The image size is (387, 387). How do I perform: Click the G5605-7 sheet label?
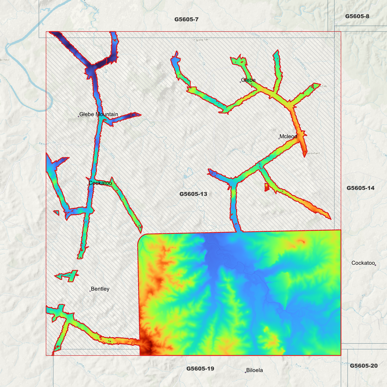pyautogui.click(x=186, y=19)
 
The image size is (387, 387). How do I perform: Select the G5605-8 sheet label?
pyautogui.click(x=357, y=16)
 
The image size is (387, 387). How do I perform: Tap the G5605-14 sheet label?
pyautogui.click(x=360, y=188)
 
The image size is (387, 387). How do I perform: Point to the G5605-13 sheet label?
pyautogui.click(x=193, y=194)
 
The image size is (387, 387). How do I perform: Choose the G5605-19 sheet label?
pyautogui.click(x=200, y=369)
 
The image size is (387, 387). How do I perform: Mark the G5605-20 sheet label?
pyautogui.click(x=364, y=366)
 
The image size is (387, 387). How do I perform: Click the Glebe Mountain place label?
pyautogui.click(x=99, y=114)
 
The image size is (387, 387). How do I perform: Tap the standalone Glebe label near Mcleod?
pyautogui.click(x=248, y=80)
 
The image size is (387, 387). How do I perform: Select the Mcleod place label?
pyautogui.click(x=288, y=136)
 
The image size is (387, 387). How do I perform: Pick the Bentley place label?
pyautogui.click(x=100, y=289)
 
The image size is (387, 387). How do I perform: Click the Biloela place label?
pyautogui.click(x=254, y=370)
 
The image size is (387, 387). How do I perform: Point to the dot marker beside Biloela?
pyautogui.click(x=245, y=372)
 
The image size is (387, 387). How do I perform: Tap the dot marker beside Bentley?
pyautogui.click(x=90, y=291)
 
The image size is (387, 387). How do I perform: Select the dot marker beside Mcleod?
pyautogui.click(x=279, y=138)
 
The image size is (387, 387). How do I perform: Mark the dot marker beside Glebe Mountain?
pyautogui.click(x=78, y=117)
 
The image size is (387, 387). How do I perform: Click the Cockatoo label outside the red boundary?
pyautogui.click(x=363, y=263)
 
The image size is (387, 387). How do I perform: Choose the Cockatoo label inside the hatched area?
pyautogui.click(x=100, y=183)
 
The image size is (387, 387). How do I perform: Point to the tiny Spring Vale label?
pyautogui.click(x=202, y=40)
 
